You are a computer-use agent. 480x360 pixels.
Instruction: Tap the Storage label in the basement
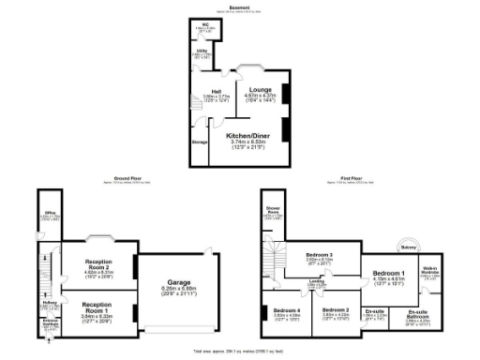click(199, 142)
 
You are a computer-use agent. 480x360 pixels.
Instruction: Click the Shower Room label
click(273, 212)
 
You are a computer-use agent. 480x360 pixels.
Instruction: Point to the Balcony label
click(408, 247)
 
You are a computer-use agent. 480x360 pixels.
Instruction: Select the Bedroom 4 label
click(287, 310)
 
